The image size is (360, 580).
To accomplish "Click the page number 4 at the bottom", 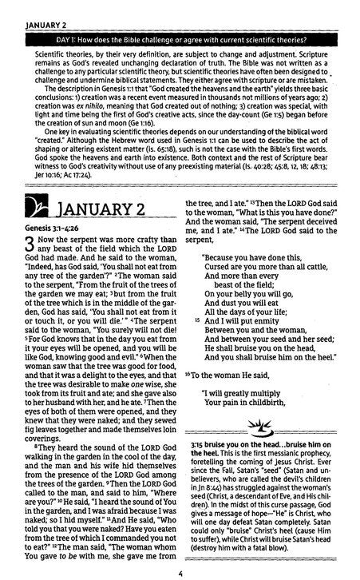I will tap(181, 571).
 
